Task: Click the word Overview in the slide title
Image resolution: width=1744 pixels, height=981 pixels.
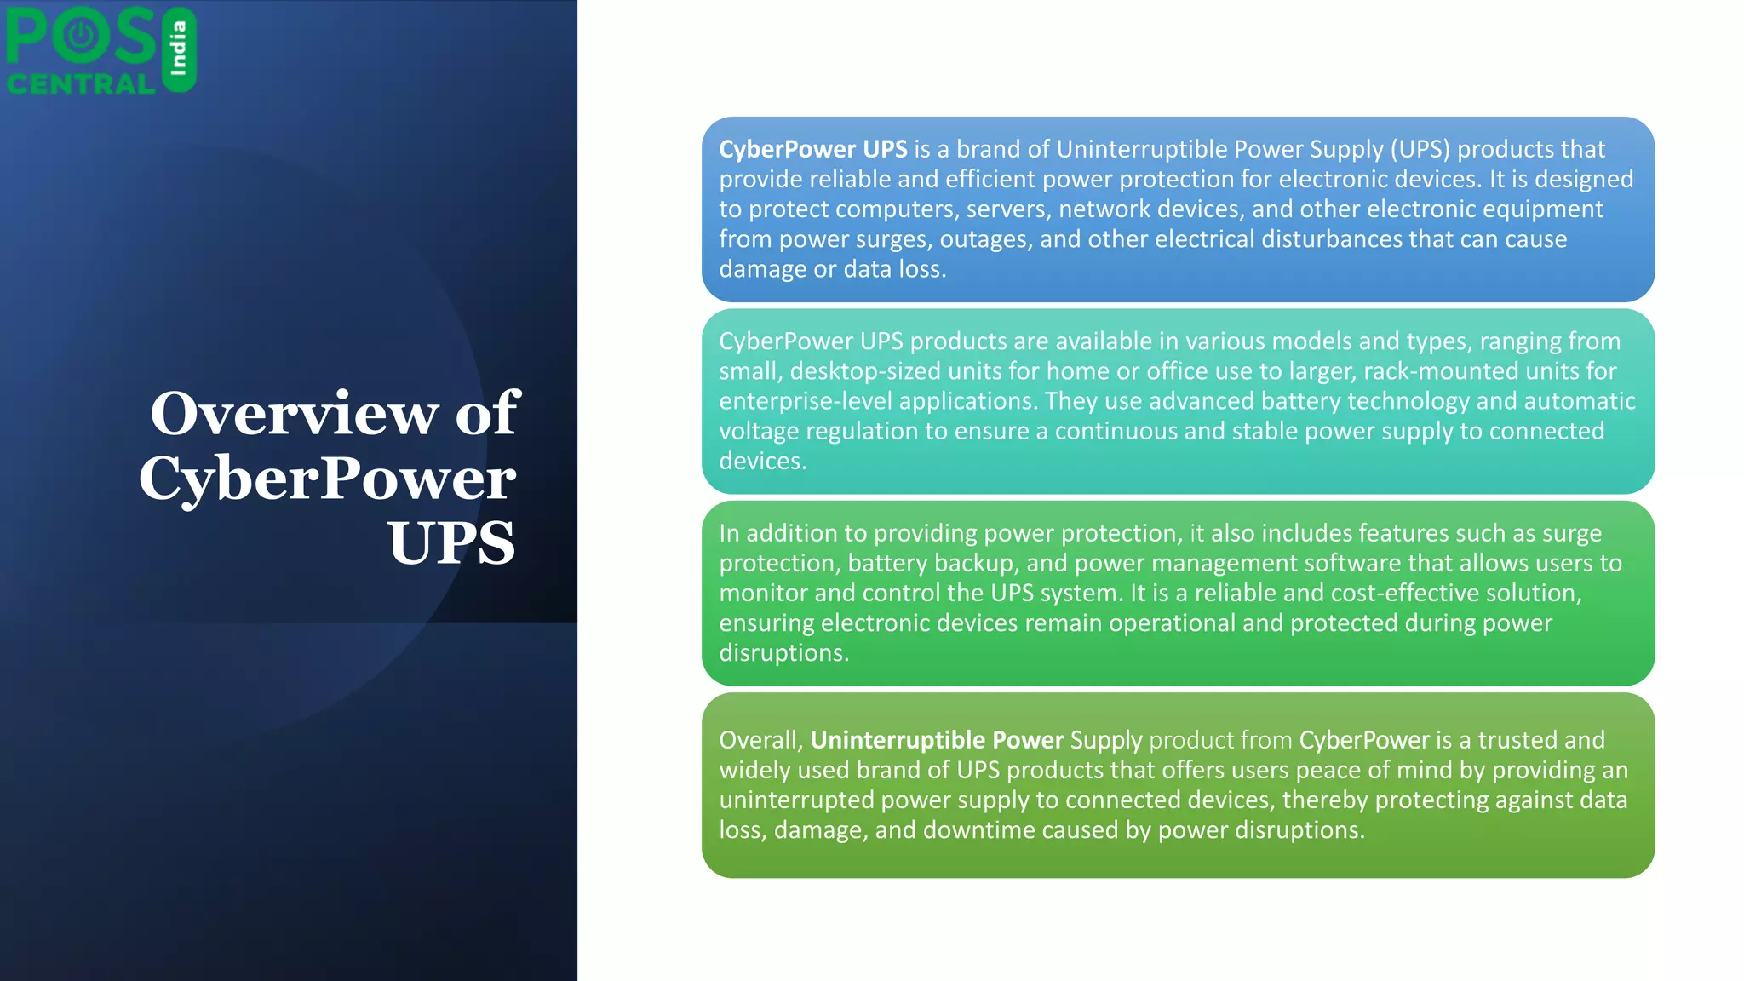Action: point(295,414)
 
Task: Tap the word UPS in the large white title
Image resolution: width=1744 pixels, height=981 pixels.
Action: point(451,542)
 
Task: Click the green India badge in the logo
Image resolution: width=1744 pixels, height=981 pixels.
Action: point(179,49)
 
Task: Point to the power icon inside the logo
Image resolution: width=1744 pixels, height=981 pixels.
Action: point(80,35)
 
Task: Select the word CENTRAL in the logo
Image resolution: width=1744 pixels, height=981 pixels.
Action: point(81,83)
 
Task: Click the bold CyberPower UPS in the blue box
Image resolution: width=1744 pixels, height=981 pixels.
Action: point(812,149)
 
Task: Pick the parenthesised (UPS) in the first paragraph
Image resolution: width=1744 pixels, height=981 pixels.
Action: point(1420,149)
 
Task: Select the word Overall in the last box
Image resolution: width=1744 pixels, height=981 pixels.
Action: point(759,740)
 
